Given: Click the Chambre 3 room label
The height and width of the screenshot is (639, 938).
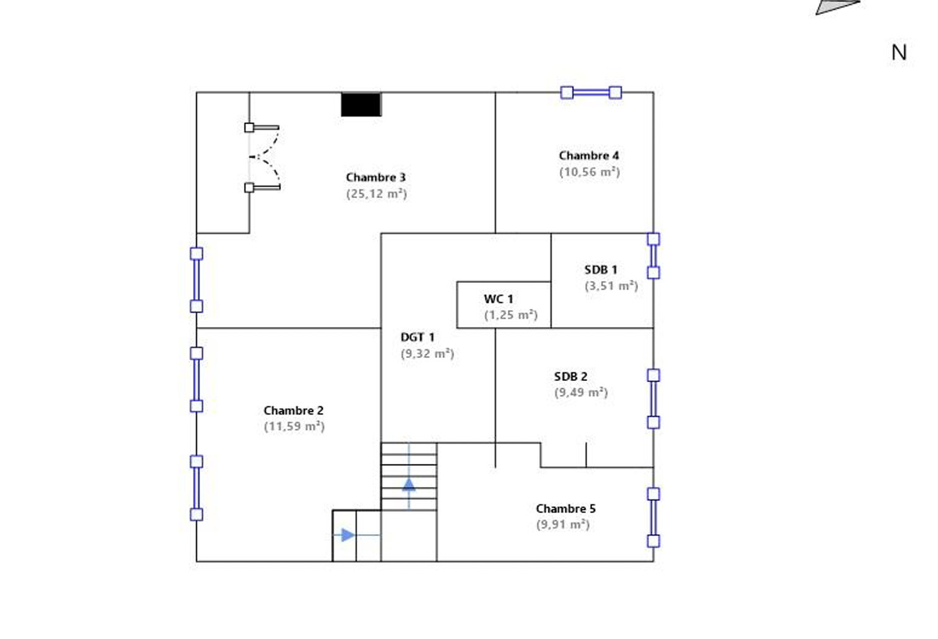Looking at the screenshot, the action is pos(376,177).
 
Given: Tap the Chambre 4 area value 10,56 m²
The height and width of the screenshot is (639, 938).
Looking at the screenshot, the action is pos(589,172).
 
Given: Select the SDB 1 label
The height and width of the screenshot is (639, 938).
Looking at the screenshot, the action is pos(601,270).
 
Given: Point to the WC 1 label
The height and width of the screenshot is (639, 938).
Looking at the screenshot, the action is pos(498,299).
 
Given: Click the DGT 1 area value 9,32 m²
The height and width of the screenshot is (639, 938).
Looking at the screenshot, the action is pos(427,354).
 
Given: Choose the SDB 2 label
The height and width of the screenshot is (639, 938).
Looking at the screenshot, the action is pos(570,377).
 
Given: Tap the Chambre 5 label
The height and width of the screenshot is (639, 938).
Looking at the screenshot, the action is pos(565,509).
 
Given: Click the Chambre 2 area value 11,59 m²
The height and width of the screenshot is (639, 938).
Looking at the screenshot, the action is pos(294,427).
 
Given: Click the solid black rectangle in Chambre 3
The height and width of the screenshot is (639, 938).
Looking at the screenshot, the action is pos(361,104).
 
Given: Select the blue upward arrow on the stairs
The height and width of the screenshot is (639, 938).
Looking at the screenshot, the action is pos(409,485).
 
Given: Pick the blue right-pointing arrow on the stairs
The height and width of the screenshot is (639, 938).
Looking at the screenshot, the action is pos(348,535).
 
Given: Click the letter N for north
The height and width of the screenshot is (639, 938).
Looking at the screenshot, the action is pos(899,53).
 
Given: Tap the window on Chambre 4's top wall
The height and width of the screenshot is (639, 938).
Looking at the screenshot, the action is pos(591,92).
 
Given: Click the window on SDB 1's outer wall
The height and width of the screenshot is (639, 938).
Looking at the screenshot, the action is pos(653,256).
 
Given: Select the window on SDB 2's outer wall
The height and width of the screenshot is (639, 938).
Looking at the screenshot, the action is pos(653,399).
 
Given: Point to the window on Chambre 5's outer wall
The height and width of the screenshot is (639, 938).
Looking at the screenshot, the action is pos(653,517).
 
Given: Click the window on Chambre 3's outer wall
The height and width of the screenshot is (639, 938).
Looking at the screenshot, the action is pos(197,280).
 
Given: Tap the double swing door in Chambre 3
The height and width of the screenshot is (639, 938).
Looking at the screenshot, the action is pos(262,157).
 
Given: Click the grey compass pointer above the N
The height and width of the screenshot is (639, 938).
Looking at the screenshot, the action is pos(838,7).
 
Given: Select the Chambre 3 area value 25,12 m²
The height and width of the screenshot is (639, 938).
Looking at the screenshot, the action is pos(376,194).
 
